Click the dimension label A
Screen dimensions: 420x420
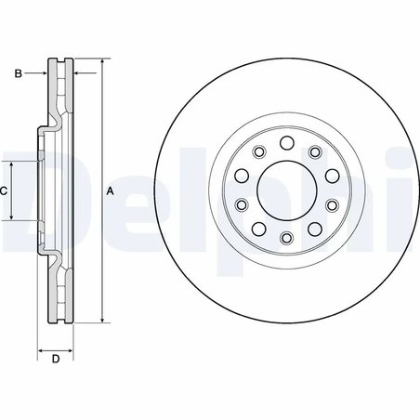point(110,191)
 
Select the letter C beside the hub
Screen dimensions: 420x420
point(5,190)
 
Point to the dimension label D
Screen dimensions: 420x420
point(55,359)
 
